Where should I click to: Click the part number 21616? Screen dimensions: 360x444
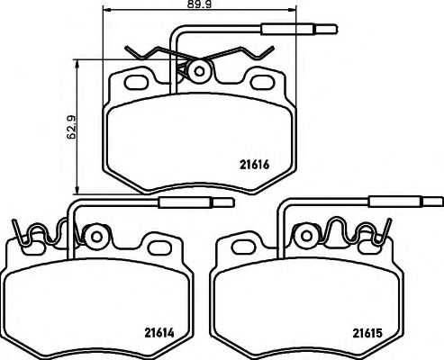pos(256,163)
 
